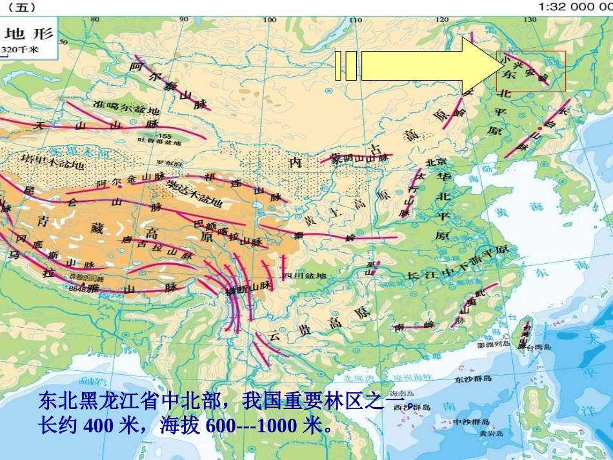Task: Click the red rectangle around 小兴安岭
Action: [x=530, y=72]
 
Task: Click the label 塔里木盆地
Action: [x=53, y=161]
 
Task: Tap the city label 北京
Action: [x=436, y=163]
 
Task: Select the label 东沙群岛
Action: [x=474, y=379]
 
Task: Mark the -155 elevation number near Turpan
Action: [x=163, y=136]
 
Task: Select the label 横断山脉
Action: [x=246, y=289]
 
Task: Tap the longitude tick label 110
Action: [x=354, y=19]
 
